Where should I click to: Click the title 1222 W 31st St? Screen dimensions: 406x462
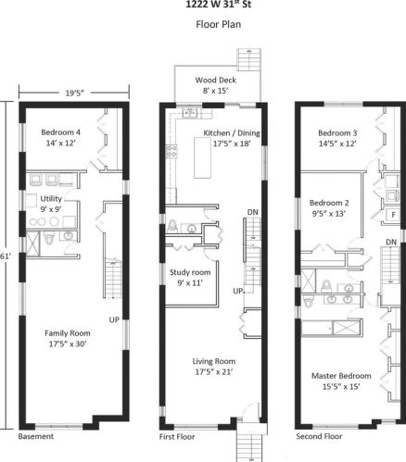pyautogui.click(x=218, y=5)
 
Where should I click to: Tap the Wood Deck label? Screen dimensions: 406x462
pyautogui.click(x=216, y=80)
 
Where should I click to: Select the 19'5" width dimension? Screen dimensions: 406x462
pyautogui.click(x=74, y=93)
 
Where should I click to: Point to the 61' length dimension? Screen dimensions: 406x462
pyautogui.click(x=4, y=256)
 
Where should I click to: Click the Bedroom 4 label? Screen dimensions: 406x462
pyautogui.click(x=61, y=132)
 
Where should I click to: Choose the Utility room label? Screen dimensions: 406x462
pyautogui.click(x=51, y=199)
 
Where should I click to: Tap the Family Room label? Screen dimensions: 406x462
pyautogui.click(x=68, y=333)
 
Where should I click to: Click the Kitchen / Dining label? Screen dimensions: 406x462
pyautogui.click(x=232, y=133)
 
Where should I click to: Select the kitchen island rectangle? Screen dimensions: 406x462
pyautogui.click(x=203, y=157)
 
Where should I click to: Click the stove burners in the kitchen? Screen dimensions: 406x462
pyautogui.click(x=171, y=152)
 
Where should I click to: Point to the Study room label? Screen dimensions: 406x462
pyautogui.click(x=190, y=272)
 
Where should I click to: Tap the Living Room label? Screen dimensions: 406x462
pyautogui.click(x=214, y=361)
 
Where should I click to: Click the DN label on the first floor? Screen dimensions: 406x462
pyautogui.click(x=253, y=212)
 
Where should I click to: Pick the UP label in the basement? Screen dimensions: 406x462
pyautogui.click(x=114, y=319)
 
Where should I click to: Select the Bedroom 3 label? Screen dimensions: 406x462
pyautogui.click(x=337, y=133)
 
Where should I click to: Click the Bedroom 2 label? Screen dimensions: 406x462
pyautogui.click(x=329, y=203)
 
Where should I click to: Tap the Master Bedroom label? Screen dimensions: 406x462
pyautogui.click(x=341, y=376)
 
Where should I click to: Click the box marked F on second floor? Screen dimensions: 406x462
pyautogui.click(x=393, y=215)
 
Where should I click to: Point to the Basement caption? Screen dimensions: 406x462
pyautogui.click(x=36, y=436)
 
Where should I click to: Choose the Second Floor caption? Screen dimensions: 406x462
pyautogui.click(x=319, y=436)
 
